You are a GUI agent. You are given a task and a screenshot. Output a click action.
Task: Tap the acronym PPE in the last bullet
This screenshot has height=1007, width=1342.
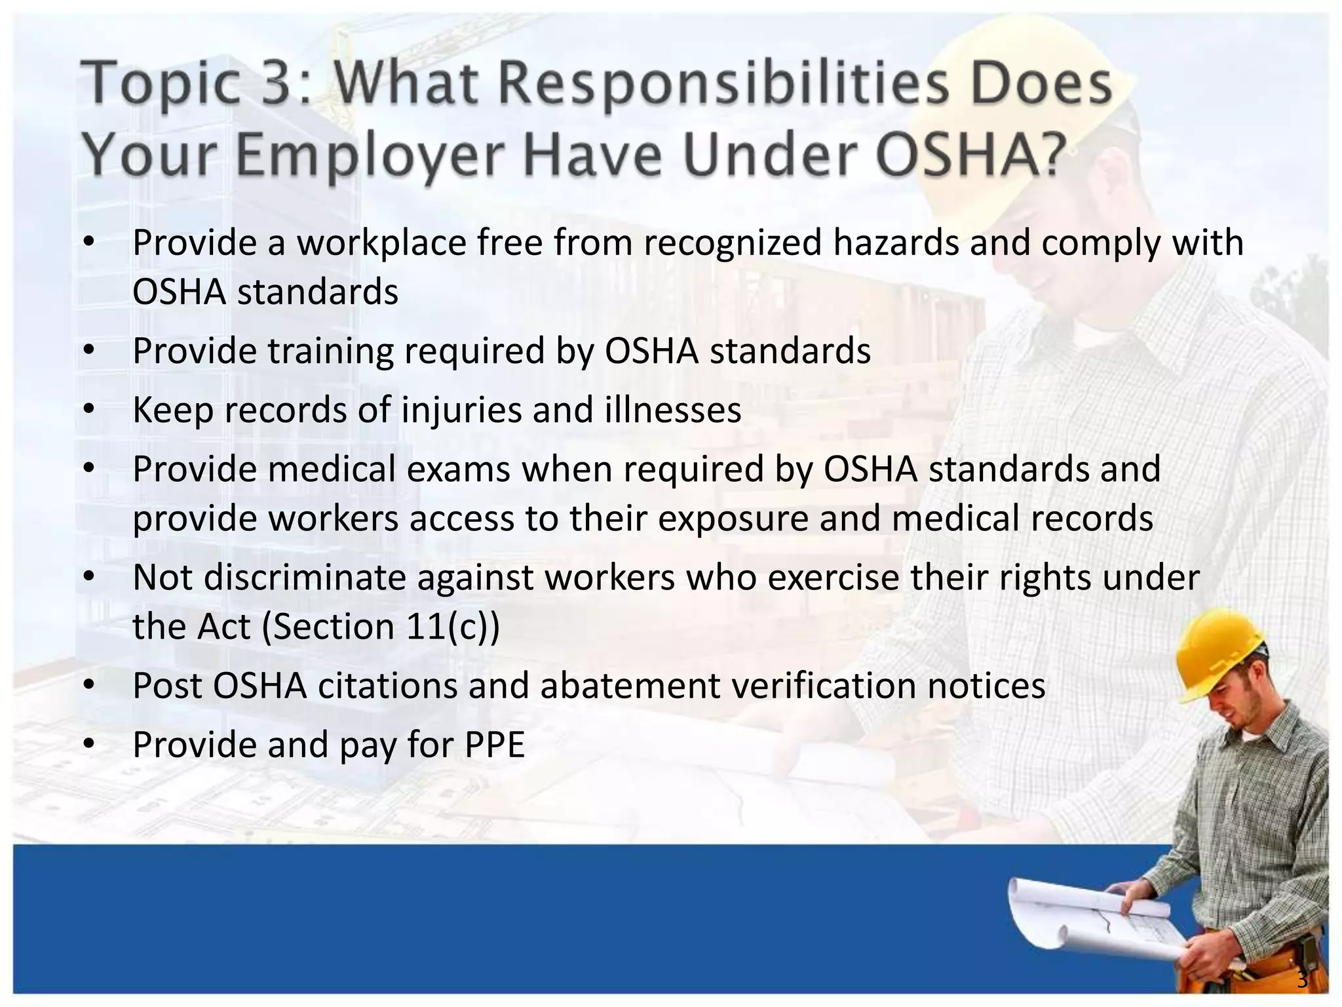click(x=495, y=745)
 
